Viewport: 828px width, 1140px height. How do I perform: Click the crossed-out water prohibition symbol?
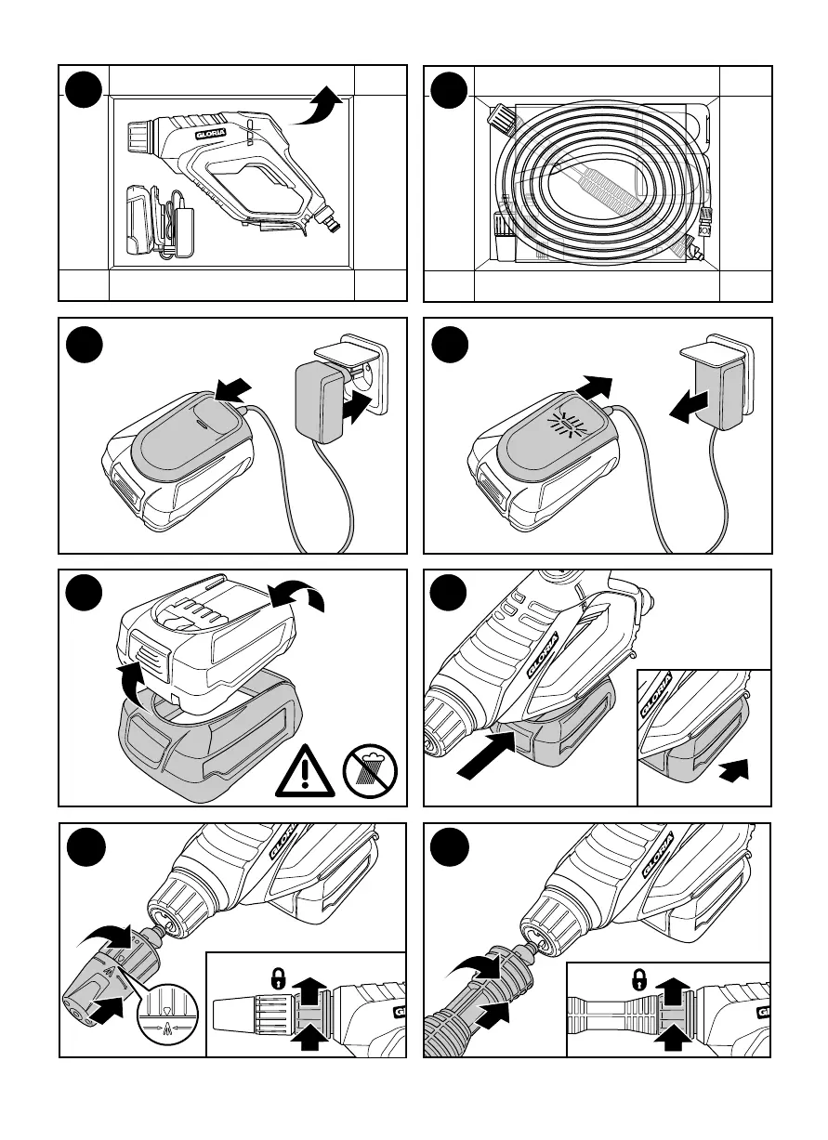(370, 770)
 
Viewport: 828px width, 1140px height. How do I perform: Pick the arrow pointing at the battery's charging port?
(232, 390)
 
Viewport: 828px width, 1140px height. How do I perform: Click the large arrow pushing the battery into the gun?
(487, 754)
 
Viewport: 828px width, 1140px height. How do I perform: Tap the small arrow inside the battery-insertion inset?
(734, 769)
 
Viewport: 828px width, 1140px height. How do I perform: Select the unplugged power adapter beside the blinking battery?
(718, 380)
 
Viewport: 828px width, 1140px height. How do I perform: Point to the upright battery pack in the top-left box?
(139, 220)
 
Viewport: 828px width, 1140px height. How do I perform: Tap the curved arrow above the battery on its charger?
(296, 595)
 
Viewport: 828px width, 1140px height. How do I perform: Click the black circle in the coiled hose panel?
(449, 90)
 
